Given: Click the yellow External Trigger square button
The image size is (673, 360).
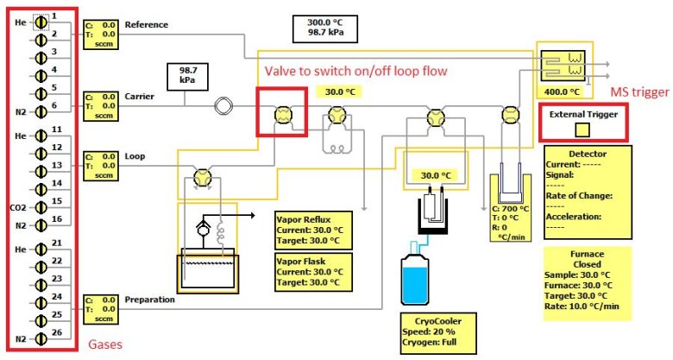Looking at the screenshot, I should pyautogui.click(x=582, y=129).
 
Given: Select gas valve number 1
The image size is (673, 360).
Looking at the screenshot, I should pyautogui.click(x=39, y=17).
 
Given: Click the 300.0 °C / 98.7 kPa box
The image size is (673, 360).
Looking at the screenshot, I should pyautogui.click(x=324, y=27).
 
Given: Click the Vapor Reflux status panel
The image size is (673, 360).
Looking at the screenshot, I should pyautogui.click(x=314, y=227).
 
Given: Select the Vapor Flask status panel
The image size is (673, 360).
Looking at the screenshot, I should pyautogui.click(x=314, y=269).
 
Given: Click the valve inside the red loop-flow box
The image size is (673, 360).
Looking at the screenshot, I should pyautogui.click(x=281, y=114).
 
